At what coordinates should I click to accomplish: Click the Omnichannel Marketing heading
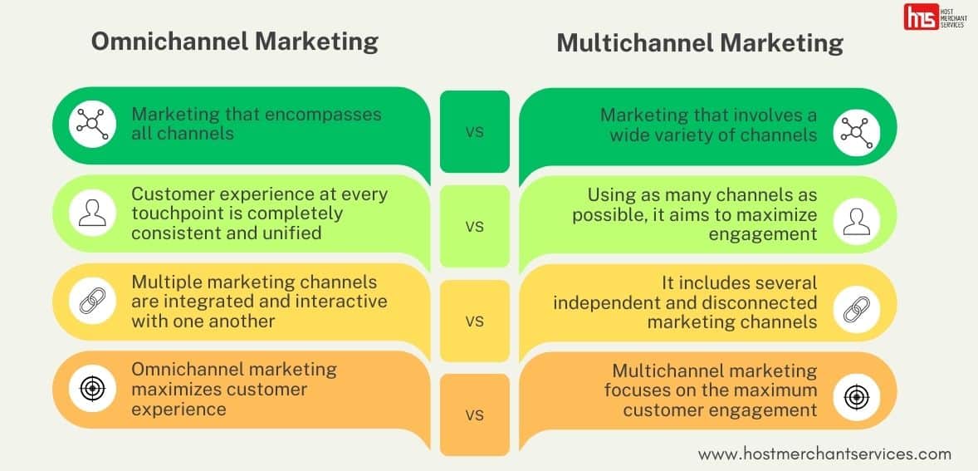pos(234,42)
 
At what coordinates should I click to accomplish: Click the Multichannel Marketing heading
pos(699,43)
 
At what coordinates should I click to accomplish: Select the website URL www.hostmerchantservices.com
pos(824,454)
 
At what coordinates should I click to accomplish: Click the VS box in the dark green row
pos(474,131)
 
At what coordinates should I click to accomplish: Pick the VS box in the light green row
pos(474,226)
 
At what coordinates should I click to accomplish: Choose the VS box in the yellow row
pos(474,321)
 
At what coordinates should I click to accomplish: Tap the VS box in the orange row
pos(474,415)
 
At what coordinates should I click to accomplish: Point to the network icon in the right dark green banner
pos(856,131)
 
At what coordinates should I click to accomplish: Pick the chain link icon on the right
pos(856,308)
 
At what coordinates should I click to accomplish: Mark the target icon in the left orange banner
pos(91,388)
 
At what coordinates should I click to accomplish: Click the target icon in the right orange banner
pos(856,396)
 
